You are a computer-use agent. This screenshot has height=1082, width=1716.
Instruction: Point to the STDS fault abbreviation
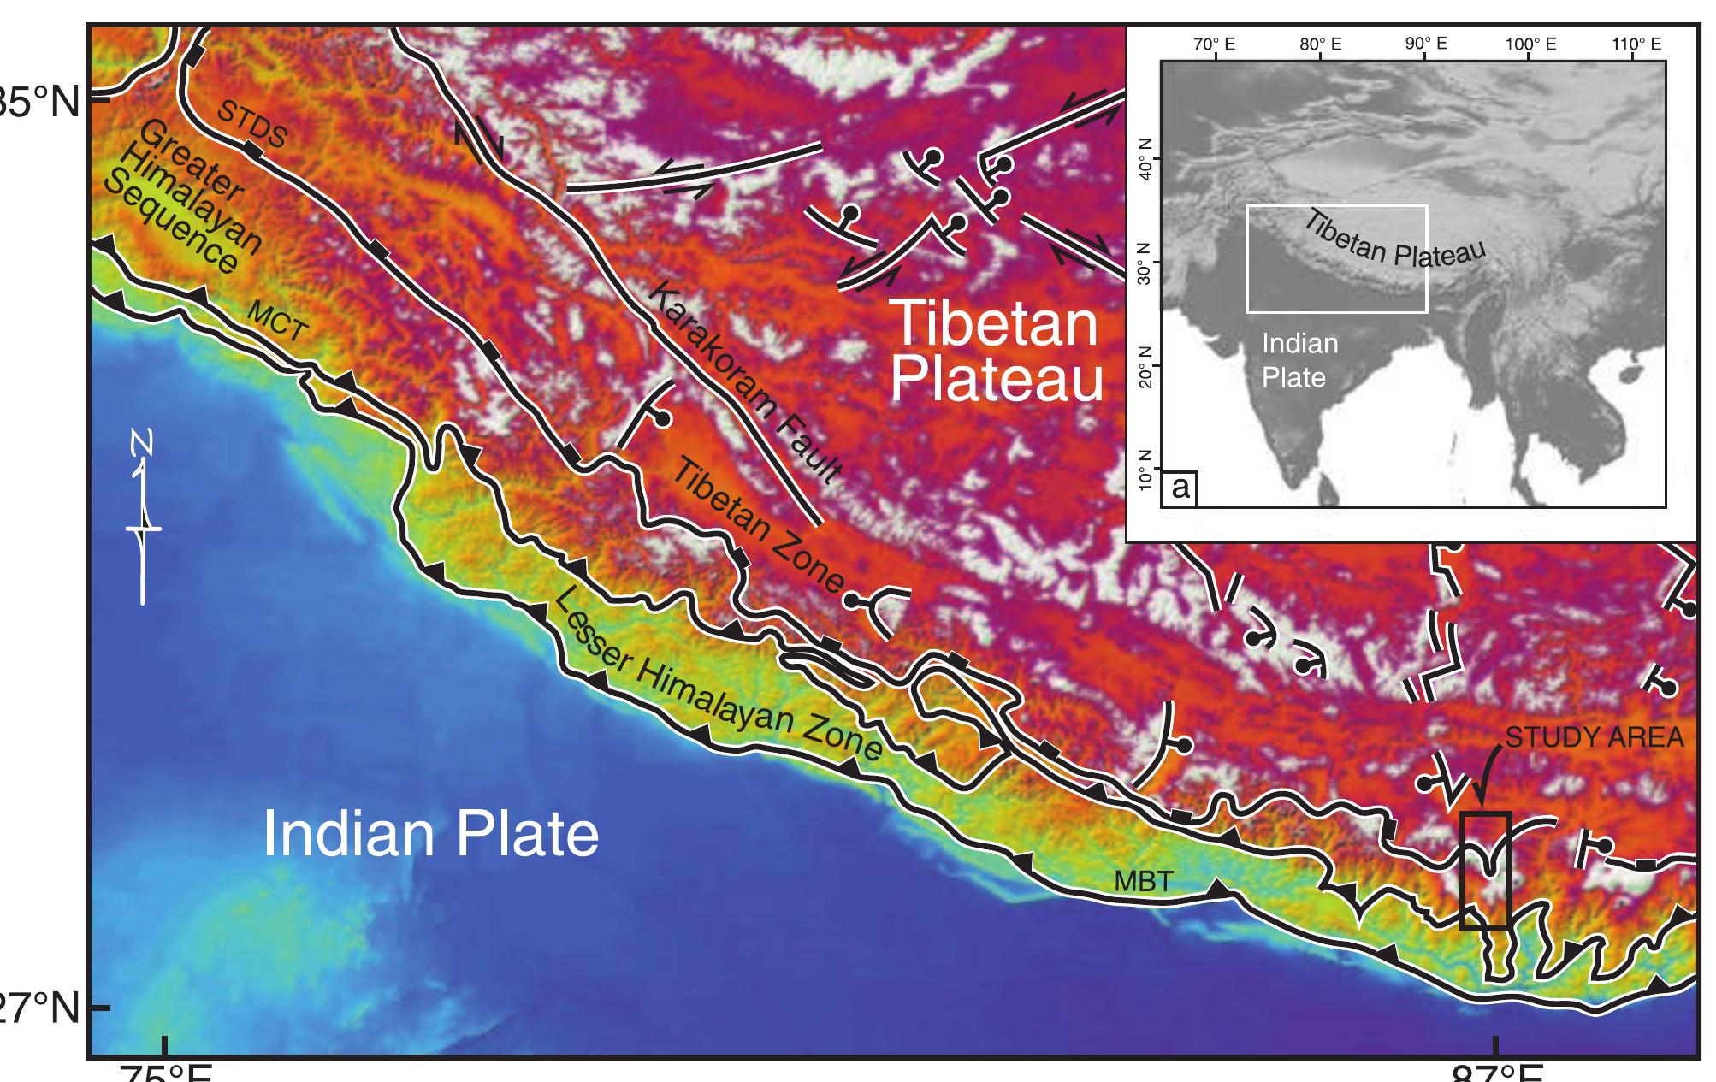tap(251, 122)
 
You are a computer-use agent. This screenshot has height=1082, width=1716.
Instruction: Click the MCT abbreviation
tap(276, 322)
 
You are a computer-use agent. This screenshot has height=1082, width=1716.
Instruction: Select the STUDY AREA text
tap(1594, 738)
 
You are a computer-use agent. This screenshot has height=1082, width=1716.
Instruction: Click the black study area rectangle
tap(1486, 870)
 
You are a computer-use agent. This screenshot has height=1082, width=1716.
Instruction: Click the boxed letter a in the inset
tap(1180, 488)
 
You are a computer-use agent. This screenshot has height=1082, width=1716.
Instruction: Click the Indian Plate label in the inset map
tap(1299, 360)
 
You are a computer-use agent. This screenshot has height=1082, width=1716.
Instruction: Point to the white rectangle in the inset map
tap(1337, 258)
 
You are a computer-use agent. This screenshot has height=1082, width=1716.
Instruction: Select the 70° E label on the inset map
tap(1214, 44)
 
